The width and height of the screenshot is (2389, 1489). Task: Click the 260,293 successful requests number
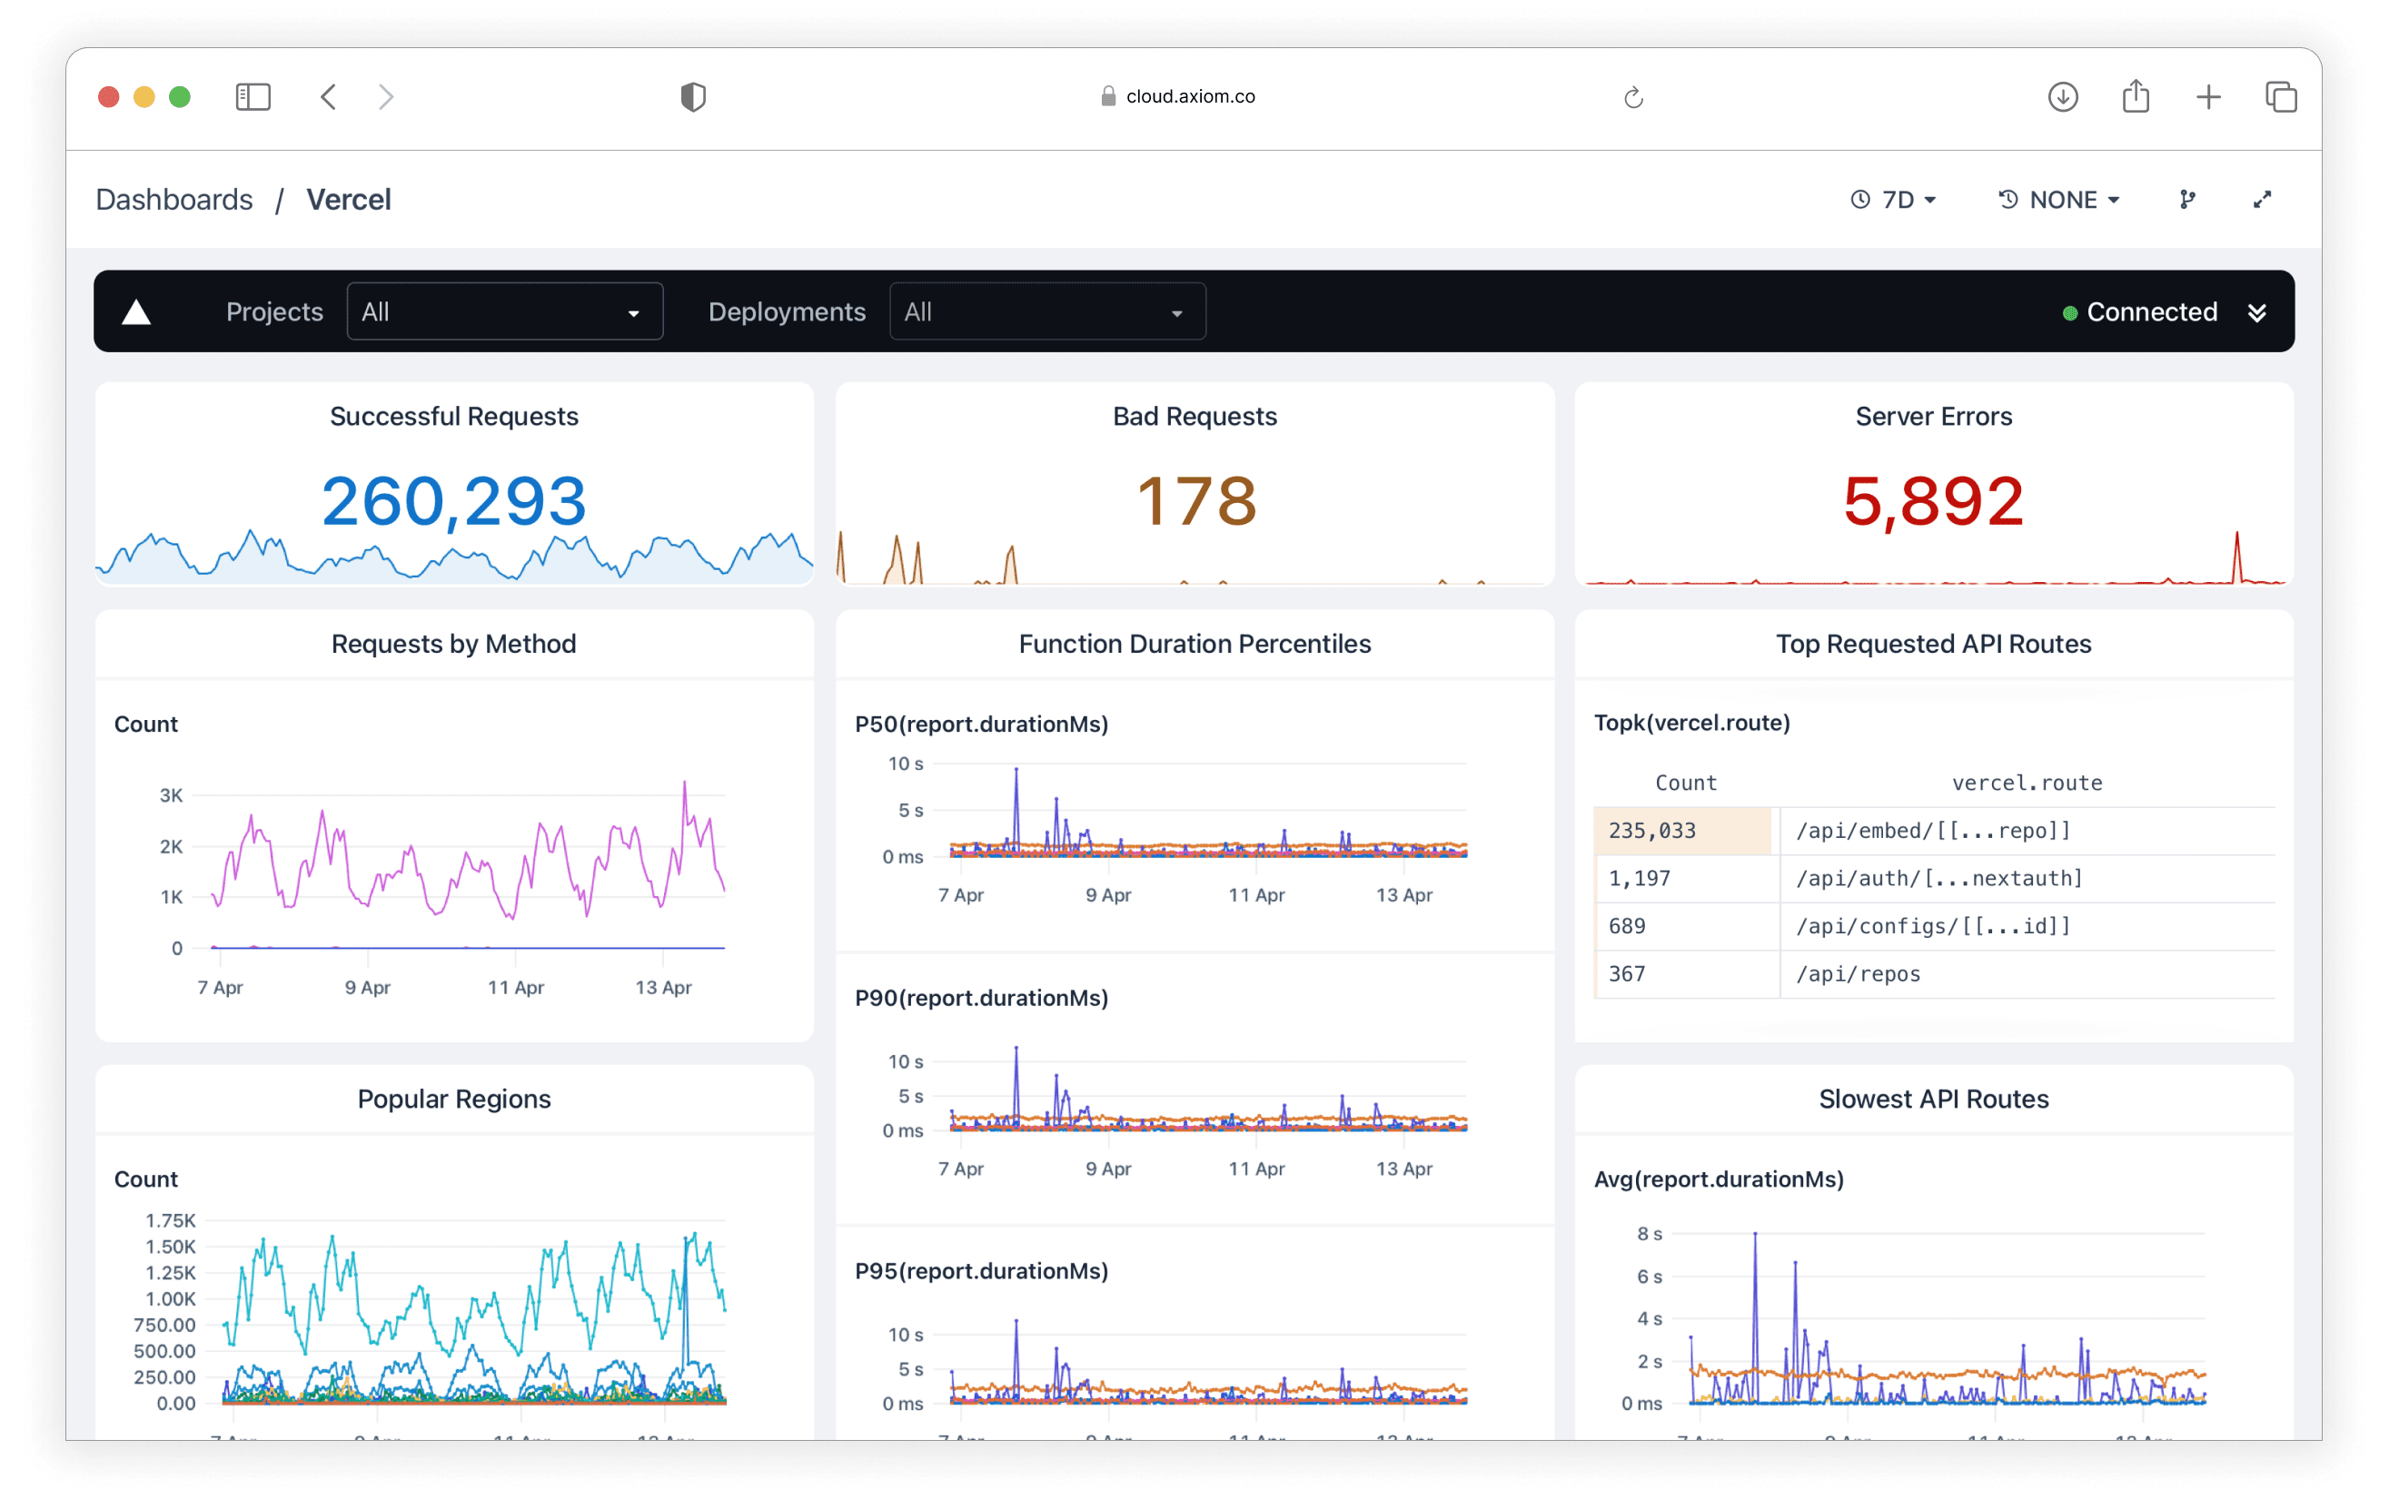coord(454,501)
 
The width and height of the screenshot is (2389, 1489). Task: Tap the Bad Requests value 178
coord(1196,501)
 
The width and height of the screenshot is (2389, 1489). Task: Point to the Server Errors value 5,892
coord(1933,501)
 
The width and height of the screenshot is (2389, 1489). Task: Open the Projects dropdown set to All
coord(504,312)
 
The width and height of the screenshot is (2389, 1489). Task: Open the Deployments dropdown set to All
coord(1047,312)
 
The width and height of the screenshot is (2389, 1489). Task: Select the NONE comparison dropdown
coord(2059,200)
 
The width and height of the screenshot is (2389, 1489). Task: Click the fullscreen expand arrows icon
coord(2262,200)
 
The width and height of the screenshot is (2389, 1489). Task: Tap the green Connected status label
coord(2151,312)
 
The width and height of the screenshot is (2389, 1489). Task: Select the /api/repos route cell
coord(1858,974)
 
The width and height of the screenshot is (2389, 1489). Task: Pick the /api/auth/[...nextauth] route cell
coord(1938,879)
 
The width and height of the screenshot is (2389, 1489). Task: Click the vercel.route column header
coord(2027,783)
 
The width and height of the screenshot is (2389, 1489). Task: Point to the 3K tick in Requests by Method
coord(171,795)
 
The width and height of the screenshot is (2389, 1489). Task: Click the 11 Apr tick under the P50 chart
coord(1256,895)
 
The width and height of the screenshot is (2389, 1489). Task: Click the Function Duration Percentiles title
coord(1194,644)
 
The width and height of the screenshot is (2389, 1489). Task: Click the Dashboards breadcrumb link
coord(174,200)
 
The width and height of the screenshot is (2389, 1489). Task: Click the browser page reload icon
coord(1633,96)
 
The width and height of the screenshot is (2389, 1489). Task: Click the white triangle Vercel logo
coord(136,313)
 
